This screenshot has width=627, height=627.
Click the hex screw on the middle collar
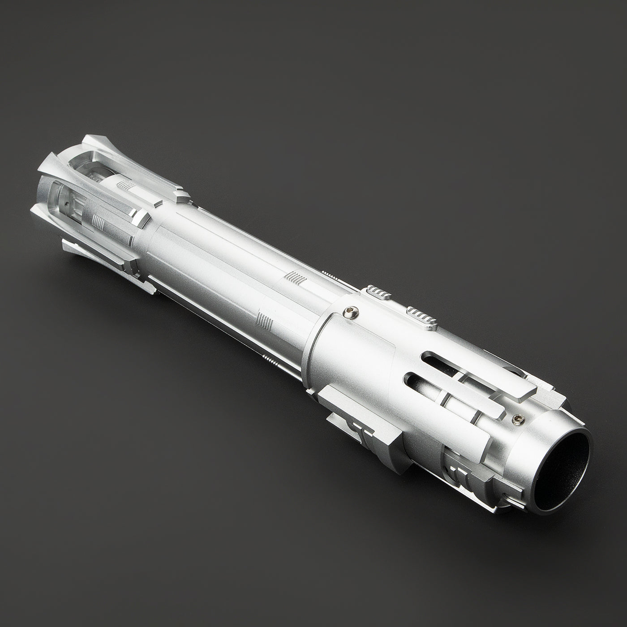click(351, 313)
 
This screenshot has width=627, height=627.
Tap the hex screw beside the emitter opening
click(518, 419)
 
